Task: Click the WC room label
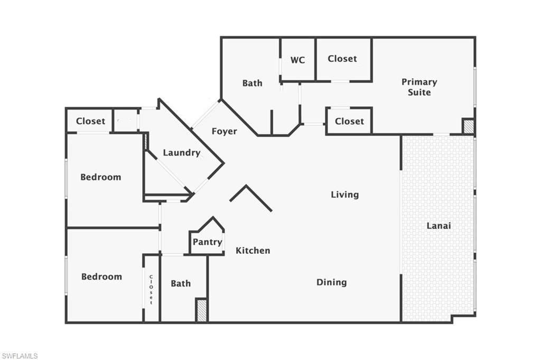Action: click(x=297, y=60)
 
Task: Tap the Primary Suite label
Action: click(x=419, y=87)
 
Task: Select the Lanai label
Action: click(x=439, y=226)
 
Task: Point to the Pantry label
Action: click(x=207, y=242)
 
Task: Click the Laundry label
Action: click(x=181, y=153)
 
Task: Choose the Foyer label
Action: click(x=225, y=131)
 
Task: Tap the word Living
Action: click(x=344, y=195)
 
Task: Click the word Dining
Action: click(x=332, y=282)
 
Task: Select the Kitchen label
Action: click(x=253, y=251)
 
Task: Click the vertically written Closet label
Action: click(x=151, y=290)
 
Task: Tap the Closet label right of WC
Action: click(x=342, y=59)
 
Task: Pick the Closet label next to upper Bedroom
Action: click(x=90, y=121)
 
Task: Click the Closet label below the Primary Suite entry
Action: click(x=349, y=121)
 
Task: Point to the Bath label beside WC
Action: click(x=252, y=83)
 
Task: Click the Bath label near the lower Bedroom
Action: click(x=181, y=284)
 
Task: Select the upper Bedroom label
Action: click(x=100, y=177)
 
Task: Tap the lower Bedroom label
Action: click(x=101, y=276)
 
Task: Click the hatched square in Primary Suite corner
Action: click(x=468, y=126)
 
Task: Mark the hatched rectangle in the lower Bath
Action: click(x=201, y=310)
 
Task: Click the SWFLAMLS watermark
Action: click(x=20, y=356)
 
